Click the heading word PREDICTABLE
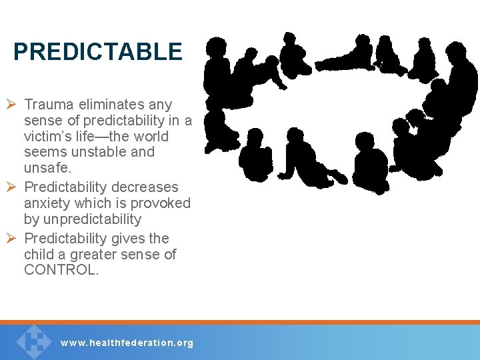tap(97, 52)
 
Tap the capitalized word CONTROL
tap(61, 270)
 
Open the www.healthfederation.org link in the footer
tap(127, 343)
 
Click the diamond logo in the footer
tap(33, 341)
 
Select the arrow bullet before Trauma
tap(13, 105)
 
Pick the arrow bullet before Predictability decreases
tap(13, 187)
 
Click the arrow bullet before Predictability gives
tap(13, 239)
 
